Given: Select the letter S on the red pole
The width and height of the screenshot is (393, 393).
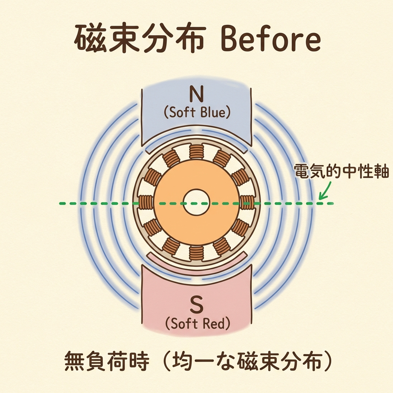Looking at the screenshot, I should [x=196, y=305].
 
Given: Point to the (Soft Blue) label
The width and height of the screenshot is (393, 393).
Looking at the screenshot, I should [x=196, y=112].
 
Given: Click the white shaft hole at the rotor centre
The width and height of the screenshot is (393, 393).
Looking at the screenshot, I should [x=196, y=202].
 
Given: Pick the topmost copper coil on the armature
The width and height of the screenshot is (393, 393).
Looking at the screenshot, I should [x=196, y=151].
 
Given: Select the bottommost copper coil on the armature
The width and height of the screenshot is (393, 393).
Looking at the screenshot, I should [x=196, y=253].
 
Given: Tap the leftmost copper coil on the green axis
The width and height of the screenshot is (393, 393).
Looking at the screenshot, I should [x=145, y=202].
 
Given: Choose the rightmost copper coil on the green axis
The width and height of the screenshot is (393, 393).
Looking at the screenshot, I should [x=247, y=202].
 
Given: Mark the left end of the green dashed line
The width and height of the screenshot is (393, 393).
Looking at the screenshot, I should [x=61, y=203].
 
